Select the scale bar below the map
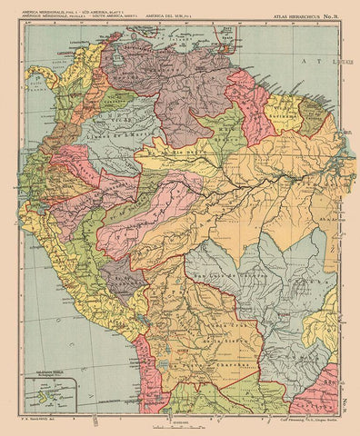[177, 424]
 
